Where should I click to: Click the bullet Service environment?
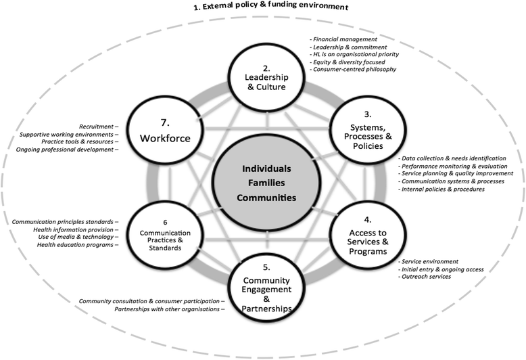point(430,261)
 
